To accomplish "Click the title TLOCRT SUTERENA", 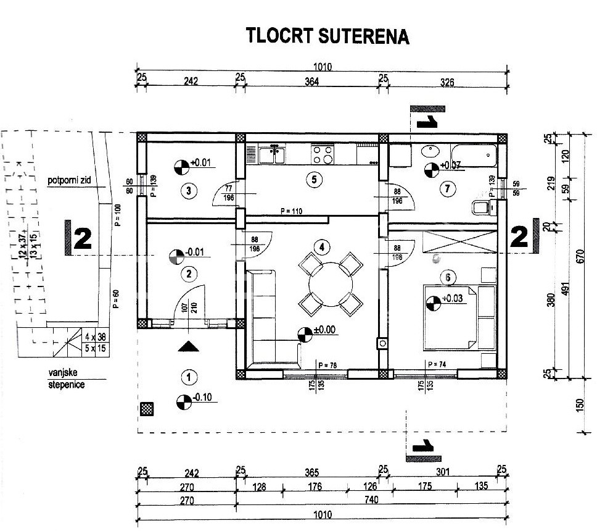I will tap(327, 35).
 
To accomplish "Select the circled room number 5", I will tap(314, 180).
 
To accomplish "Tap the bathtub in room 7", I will tap(474, 153).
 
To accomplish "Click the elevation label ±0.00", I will tap(324, 330).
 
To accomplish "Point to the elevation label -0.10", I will tap(202, 398).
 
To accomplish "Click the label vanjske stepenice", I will tap(67, 379).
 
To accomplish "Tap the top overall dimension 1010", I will tap(321, 67).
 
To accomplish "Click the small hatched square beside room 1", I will tap(146, 408).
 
